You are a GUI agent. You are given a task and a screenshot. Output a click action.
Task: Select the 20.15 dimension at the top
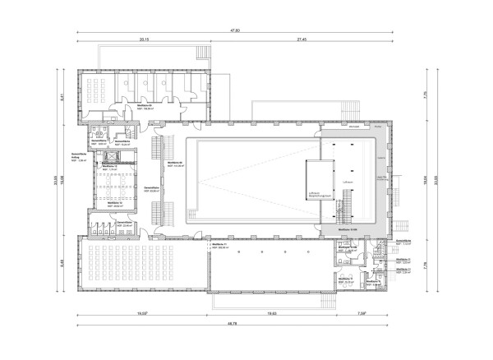144,39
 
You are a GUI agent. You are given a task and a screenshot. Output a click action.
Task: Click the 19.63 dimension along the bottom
272,314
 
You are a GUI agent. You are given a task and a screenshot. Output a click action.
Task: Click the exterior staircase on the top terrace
203,56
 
